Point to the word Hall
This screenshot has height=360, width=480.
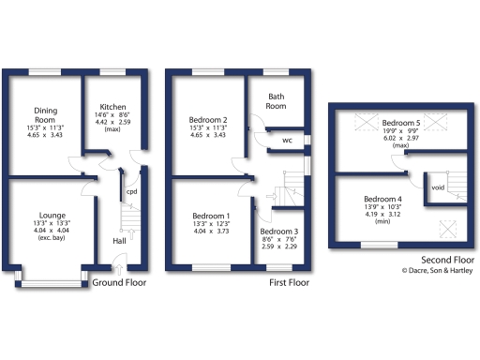point(120,241)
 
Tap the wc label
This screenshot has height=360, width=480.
point(287,142)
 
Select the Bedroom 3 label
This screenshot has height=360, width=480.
point(279,232)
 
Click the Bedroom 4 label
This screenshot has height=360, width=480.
point(383,199)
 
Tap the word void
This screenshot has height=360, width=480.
point(437,187)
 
